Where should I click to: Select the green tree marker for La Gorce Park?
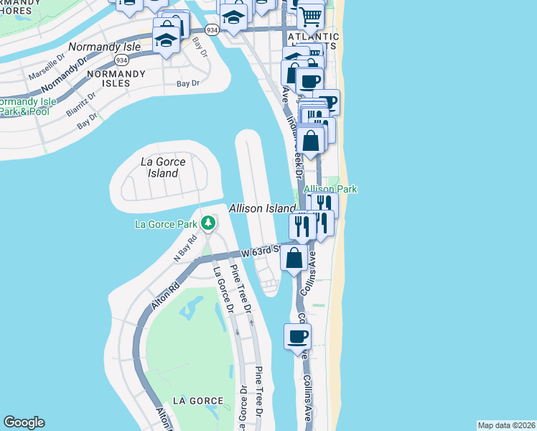pyautogui.click(x=208, y=224)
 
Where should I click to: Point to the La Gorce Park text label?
pyautogui.click(x=165, y=224)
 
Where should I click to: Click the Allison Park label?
pyautogui.click(x=330, y=189)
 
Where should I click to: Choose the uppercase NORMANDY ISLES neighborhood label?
pyautogui.click(x=109, y=78)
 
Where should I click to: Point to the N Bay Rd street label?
pyautogui.click(x=185, y=248)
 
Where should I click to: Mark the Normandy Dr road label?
pyautogui.click(x=69, y=74)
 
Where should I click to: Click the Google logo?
pyautogui.click(x=24, y=422)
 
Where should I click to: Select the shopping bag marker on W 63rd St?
pyautogui.click(x=294, y=257)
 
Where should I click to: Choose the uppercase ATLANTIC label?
pyautogui.click(x=313, y=37)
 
